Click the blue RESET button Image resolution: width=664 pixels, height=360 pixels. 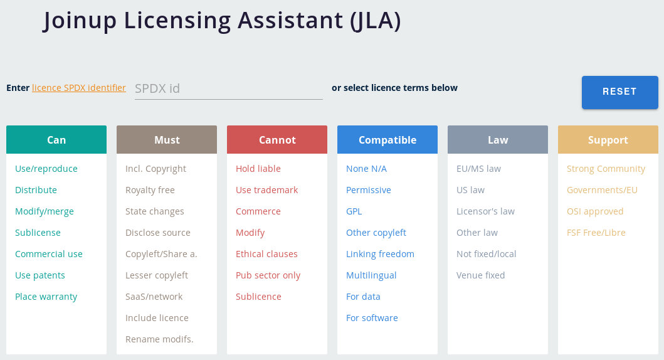tap(619, 92)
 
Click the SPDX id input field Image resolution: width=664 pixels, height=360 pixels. tap(228, 88)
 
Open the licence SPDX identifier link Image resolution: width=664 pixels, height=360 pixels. tap(79, 88)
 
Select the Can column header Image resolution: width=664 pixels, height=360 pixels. tap(56, 140)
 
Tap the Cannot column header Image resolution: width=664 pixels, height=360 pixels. tap(277, 140)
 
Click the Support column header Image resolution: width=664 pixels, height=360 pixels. tap(608, 140)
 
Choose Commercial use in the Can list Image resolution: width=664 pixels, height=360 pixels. tap(49, 254)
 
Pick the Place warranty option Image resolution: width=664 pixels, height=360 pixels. tap(46, 297)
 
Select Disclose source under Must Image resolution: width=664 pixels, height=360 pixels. tap(157, 233)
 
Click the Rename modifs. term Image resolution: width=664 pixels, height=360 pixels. tap(159, 339)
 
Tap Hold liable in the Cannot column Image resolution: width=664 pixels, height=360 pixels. tap(258, 169)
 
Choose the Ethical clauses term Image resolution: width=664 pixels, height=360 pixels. tap(266, 254)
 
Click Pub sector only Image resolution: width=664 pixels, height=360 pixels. tap(268, 276)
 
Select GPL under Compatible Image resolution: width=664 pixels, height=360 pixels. tap(354, 211)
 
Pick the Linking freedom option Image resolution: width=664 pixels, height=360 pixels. tap(380, 254)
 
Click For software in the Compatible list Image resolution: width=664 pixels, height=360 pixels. tap(372, 318)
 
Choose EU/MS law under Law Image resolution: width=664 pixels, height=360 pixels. tap(478, 169)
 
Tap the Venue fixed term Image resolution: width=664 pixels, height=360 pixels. tap(480, 275)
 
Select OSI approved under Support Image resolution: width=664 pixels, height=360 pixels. tap(594, 211)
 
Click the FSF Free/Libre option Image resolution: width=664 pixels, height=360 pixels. tap(596, 233)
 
